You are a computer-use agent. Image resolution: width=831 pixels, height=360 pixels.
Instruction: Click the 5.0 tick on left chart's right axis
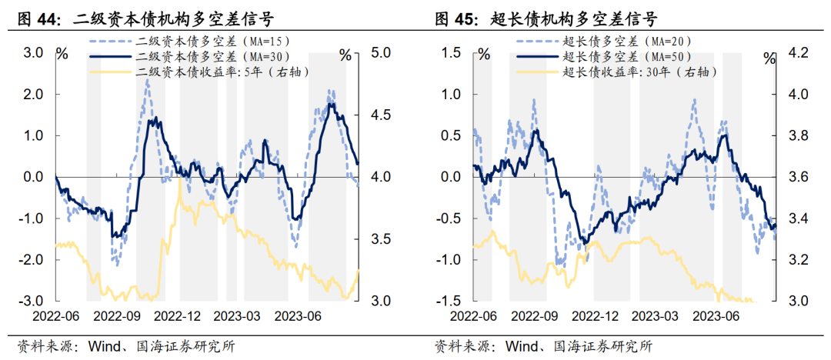[382, 52]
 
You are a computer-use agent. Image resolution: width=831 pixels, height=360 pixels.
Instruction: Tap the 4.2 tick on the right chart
[796, 52]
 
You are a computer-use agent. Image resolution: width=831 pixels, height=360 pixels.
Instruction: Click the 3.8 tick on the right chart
[796, 135]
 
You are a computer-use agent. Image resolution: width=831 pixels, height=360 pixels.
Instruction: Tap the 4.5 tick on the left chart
[382, 115]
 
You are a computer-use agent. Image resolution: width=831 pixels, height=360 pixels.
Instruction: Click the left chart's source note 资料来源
[48, 345]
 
